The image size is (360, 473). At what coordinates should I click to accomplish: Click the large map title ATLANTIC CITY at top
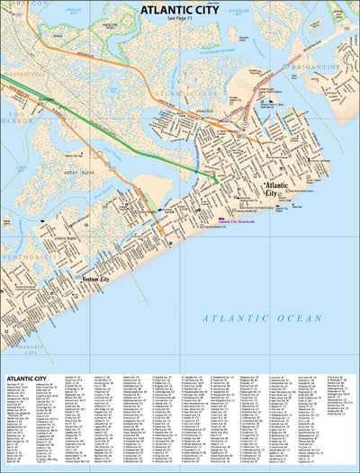coord(180,10)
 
